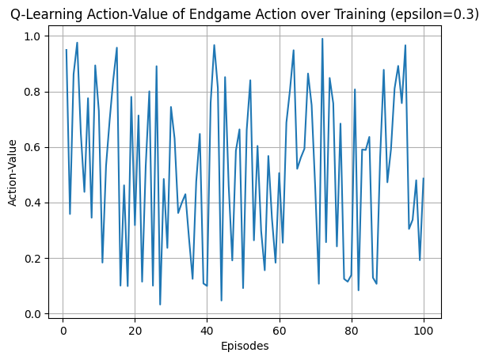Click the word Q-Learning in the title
coord(47,14)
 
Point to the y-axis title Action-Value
coord(12,172)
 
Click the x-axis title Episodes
coord(245,346)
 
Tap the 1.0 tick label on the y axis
coord(32,36)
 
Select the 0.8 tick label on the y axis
coord(32,92)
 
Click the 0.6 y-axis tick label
coord(32,147)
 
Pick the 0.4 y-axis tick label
coord(32,203)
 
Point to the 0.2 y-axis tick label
coord(32,258)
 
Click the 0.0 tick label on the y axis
coord(32,314)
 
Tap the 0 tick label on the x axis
coord(63,331)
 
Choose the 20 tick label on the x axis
coord(135,331)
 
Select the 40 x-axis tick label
coord(207,331)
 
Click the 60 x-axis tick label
coord(280,331)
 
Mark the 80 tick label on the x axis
coord(352,331)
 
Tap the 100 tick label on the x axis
coord(424,331)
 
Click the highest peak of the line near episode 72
coord(322,39)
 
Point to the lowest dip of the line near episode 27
coord(160,305)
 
